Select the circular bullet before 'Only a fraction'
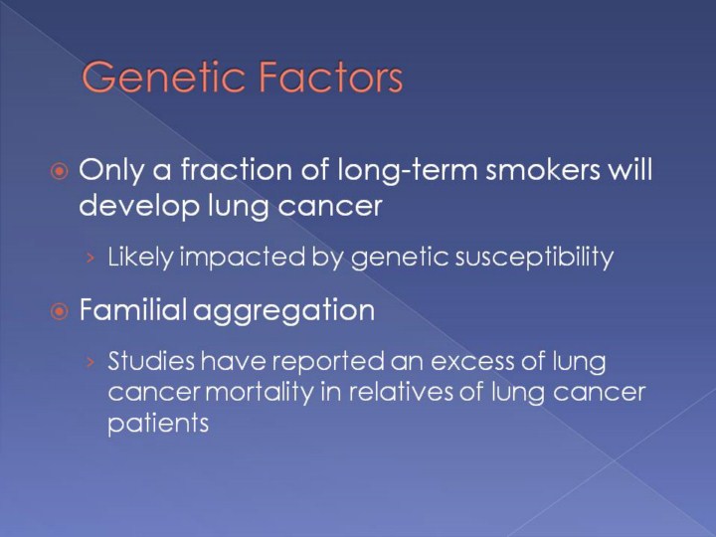60,172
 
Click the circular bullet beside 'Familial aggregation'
60,312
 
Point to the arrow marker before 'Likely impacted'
90,259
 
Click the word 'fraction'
237,169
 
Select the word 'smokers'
543,169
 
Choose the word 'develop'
139,208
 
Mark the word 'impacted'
243,258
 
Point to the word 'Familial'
133,309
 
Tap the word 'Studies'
151,360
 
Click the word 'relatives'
401,392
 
